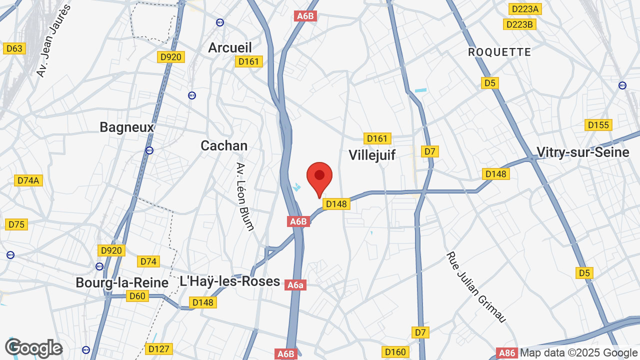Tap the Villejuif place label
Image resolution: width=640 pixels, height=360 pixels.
click(x=372, y=155)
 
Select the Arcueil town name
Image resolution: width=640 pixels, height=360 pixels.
click(x=230, y=47)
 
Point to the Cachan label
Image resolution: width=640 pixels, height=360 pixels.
click(x=224, y=145)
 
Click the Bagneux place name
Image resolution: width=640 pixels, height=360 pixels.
click(x=127, y=127)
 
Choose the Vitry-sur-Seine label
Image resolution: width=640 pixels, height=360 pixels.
click(x=582, y=152)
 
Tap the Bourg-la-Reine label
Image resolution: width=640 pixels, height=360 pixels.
click(x=122, y=282)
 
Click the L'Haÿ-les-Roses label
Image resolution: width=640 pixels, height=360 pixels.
click(x=229, y=281)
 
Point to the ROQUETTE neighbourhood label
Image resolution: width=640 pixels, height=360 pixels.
click(x=499, y=52)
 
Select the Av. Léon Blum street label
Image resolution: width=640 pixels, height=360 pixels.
click(x=245, y=196)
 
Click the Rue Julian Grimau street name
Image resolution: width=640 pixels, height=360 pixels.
click(x=476, y=287)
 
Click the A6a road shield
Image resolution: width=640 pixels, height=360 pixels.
click(x=295, y=285)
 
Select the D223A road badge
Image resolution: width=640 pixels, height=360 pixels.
click(x=525, y=8)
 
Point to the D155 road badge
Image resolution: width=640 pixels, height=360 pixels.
click(x=598, y=125)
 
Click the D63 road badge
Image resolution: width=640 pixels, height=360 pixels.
click(x=14, y=48)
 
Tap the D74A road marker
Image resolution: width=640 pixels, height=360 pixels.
click(x=28, y=180)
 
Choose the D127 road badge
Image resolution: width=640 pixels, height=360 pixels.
click(x=159, y=349)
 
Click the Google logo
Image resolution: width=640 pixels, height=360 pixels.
click(x=33, y=348)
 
